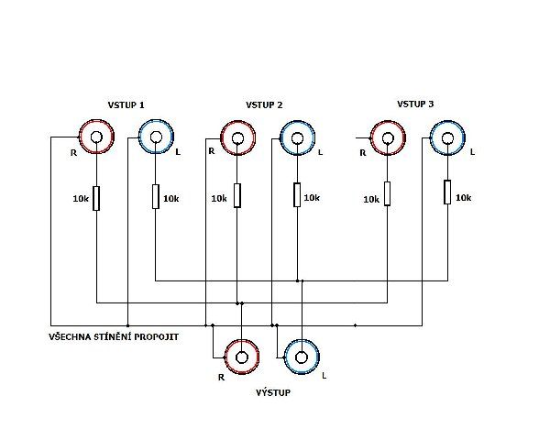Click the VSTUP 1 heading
coord(126,104)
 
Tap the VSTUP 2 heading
coord(264,104)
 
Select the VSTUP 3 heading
coord(415,104)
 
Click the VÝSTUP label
coord(273,392)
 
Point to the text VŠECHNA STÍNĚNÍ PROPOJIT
coord(114,336)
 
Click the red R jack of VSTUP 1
coord(96,137)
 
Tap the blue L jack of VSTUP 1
coord(156,137)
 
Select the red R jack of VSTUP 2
coord(237,137)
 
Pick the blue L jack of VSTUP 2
coord(297,137)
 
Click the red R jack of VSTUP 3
coord(388,137)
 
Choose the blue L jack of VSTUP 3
coord(447,137)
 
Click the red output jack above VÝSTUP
coord(242,357)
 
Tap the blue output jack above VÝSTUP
coord(302,357)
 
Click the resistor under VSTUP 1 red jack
coord(96,199)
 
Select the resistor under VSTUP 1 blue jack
coord(156,196)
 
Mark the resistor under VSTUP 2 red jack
coord(237,195)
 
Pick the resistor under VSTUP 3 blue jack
coord(447,192)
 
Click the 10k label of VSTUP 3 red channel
coord(371,199)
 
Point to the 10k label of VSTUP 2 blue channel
coord(312,197)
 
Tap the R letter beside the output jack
coord(221,378)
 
